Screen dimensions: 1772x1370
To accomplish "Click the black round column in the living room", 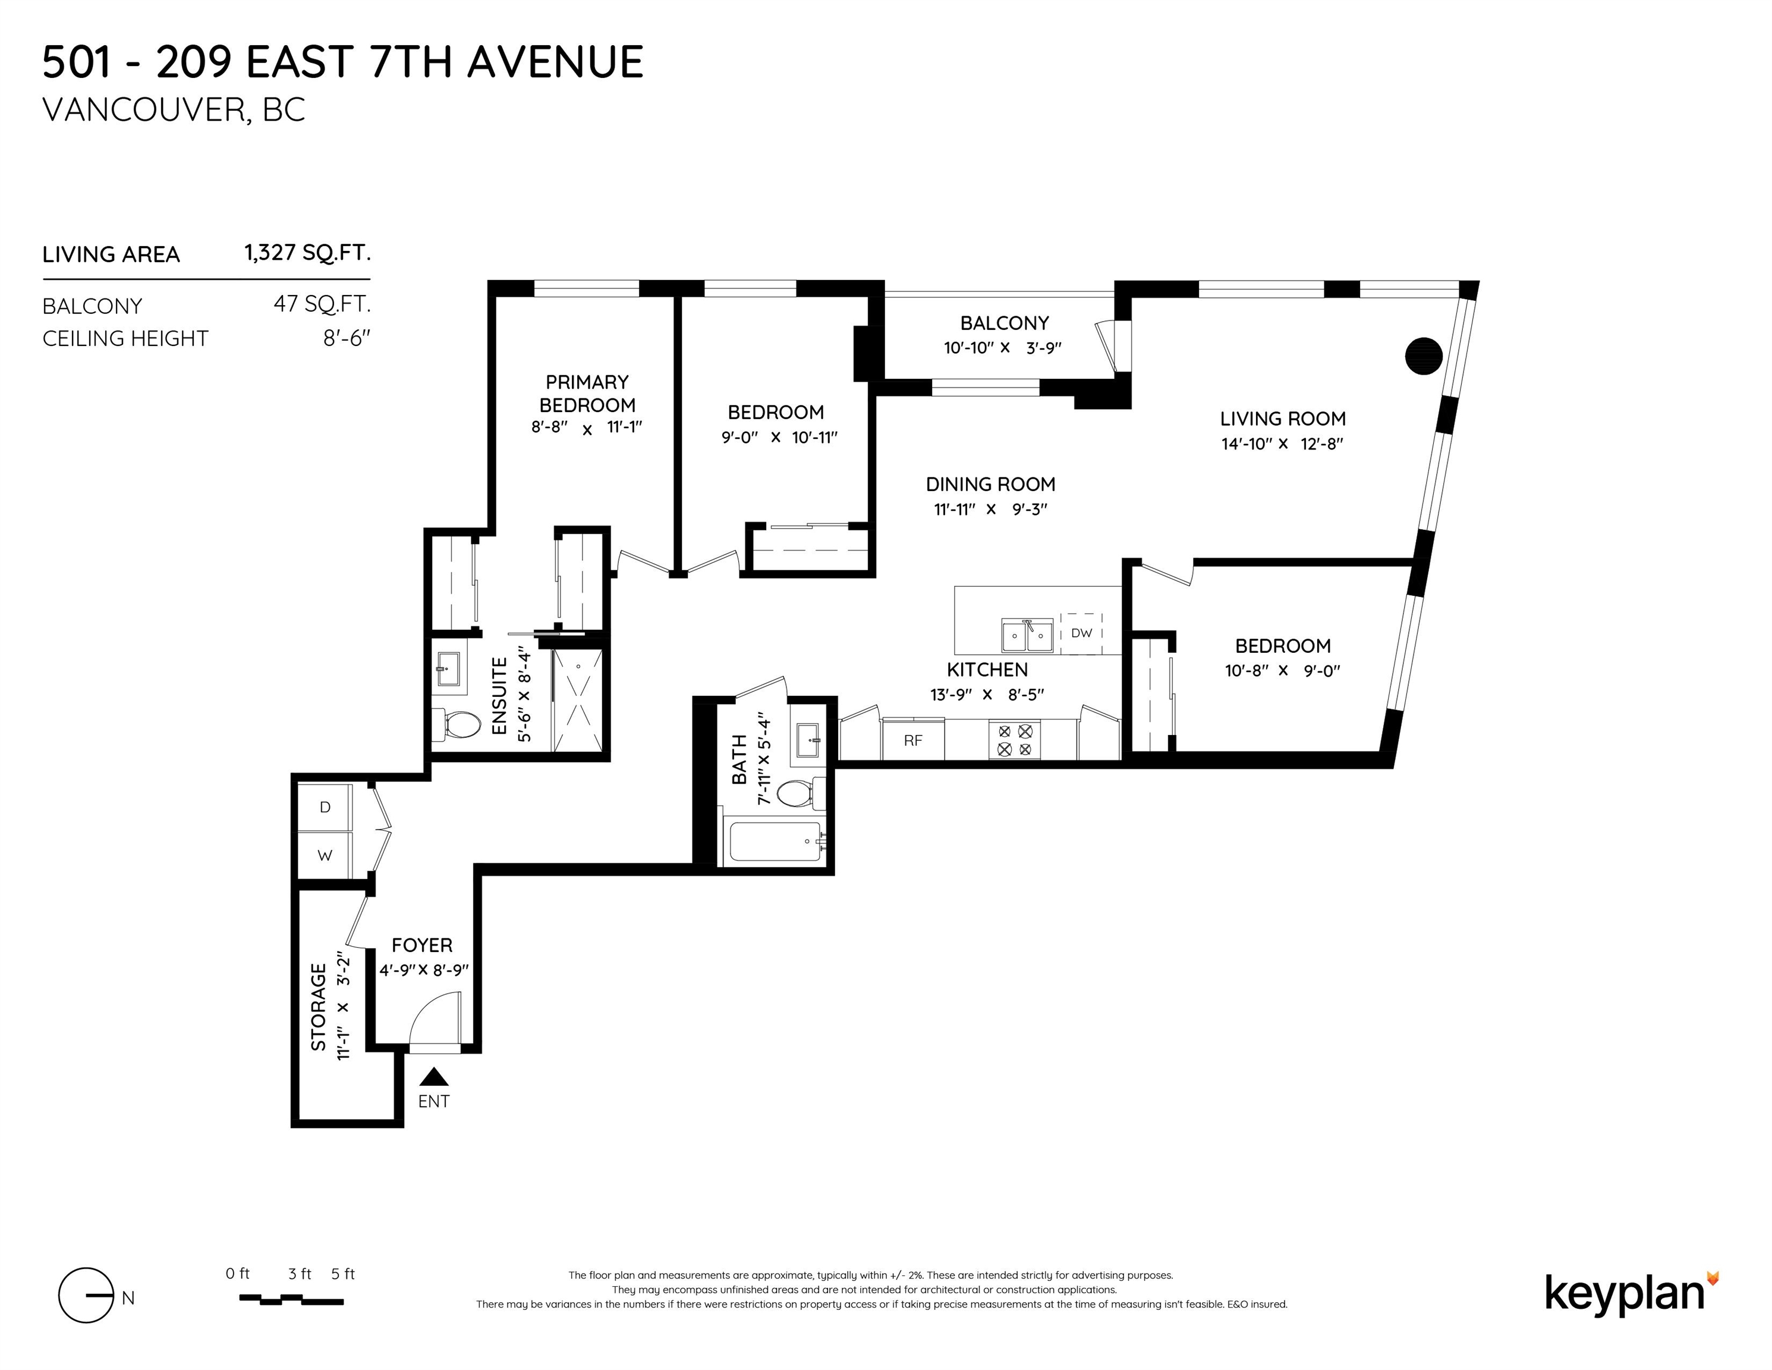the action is [x=1423, y=356].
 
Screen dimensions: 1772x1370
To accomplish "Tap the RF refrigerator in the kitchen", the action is [x=913, y=739].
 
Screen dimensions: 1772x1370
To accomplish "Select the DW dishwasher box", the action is [x=1081, y=633].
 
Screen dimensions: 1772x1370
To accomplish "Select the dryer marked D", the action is [x=325, y=807].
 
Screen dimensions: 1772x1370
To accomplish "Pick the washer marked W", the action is [x=325, y=854].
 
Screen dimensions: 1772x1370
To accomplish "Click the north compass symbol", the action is [x=86, y=1294].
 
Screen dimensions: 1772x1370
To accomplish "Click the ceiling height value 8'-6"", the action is [x=347, y=338].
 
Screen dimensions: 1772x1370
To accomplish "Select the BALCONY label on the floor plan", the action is [x=1005, y=323].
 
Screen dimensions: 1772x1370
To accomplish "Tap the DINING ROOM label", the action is [x=991, y=485].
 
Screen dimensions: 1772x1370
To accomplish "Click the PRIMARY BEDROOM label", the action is [x=587, y=394].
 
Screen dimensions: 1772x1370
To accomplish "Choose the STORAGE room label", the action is [x=318, y=1007].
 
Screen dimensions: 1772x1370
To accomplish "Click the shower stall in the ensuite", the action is [x=578, y=700].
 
